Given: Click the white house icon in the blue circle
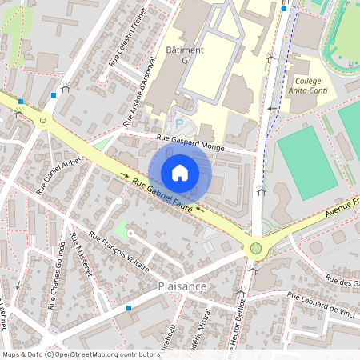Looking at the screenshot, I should tap(180, 172).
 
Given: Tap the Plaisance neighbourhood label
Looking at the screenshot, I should tap(182, 286).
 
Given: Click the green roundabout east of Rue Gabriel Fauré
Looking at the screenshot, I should tap(256, 248).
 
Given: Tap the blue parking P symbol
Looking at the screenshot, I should tap(179, 123).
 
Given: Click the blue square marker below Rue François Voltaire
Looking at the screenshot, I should tap(128, 307).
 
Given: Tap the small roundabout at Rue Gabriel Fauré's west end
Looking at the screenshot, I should tap(42, 120).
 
